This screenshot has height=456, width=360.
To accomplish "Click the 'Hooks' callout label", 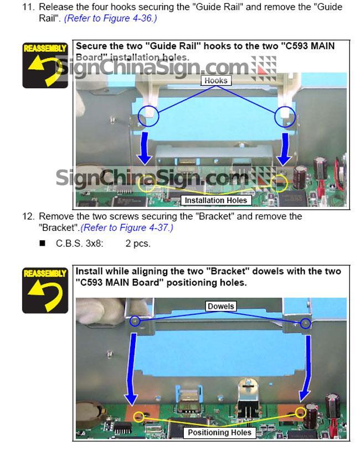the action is pyautogui.click(x=216, y=81).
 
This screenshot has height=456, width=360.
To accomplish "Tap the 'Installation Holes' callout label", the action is pyautogui.click(x=216, y=200).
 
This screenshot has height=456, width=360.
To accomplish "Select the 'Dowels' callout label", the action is pyautogui.click(x=221, y=306).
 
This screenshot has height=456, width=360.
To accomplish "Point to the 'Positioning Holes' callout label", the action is pyautogui.click(x=219, y=432).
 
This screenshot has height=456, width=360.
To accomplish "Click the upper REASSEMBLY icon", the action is pyautogui.click(x=45, y=65).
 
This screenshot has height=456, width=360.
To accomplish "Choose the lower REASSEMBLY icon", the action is pyautogui.click(x=45, y=291).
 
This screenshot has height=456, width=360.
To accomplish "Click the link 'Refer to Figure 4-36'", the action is pyautogui.click(x=111, y=18).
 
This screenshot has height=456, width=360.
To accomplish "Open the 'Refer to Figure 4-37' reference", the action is pyautogui.click(x=127, y=227).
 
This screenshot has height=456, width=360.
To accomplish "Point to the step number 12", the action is pyautogui.click(x=28, y=216).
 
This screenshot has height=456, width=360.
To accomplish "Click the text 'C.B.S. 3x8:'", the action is pyautogui.click(x=79, y=243).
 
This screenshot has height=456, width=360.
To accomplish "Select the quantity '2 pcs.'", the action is pyautogui.click(x=138, y=243).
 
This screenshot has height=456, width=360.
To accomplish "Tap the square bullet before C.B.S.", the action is pyautogui.click(x=43, y=243).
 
